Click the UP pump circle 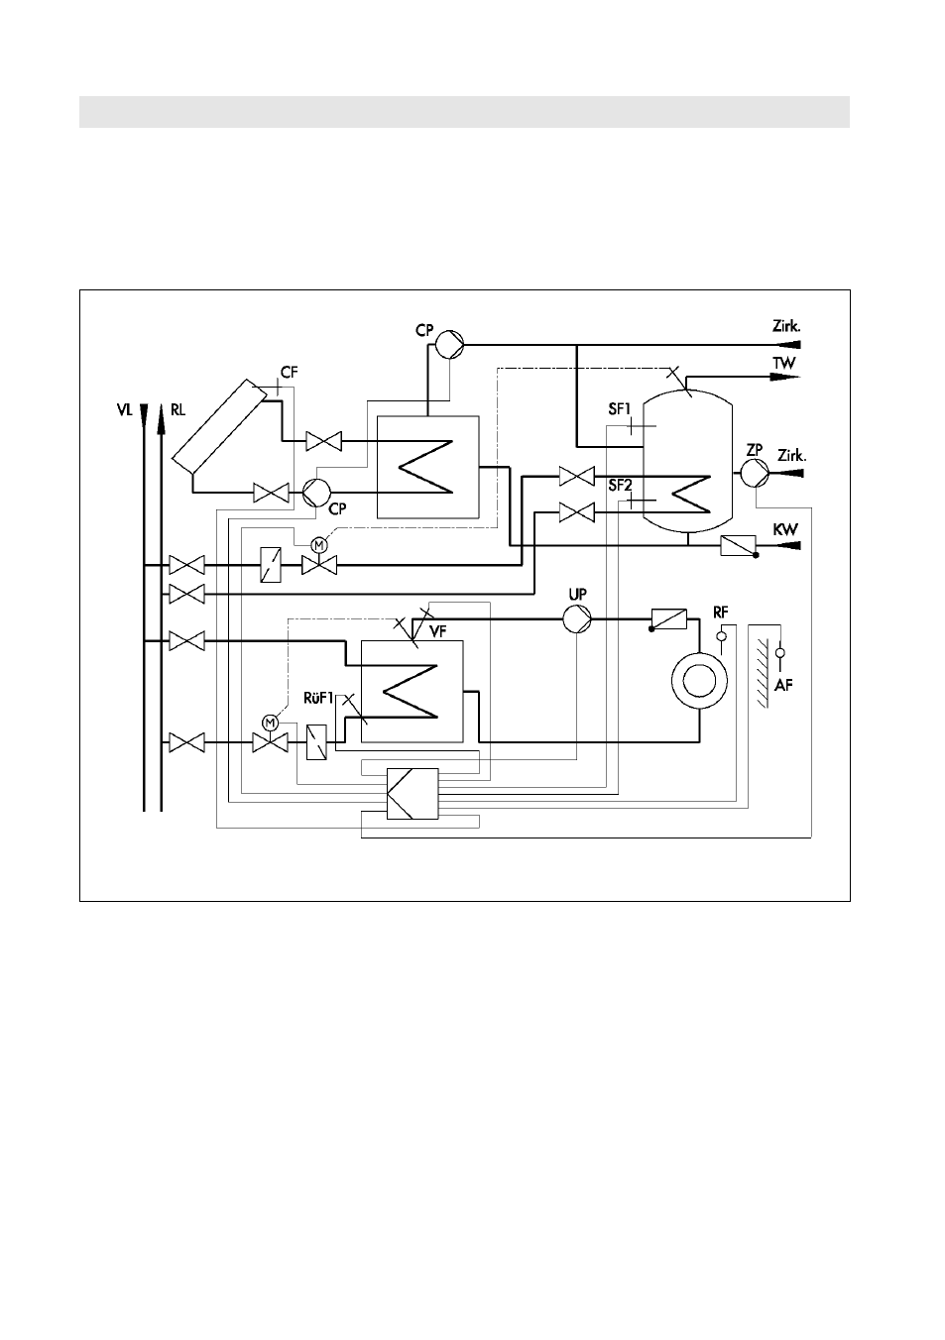tap(577, 618)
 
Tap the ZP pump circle tap(755, 473)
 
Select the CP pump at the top tap(449, 345)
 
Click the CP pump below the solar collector tap(316, 493)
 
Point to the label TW tap(784, 363)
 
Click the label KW tap(785, 530)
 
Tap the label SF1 tap(620, 409)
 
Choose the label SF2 tap(620, 485)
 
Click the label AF tap(783, 685)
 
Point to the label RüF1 tap(318, 698)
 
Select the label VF tap(438, 631)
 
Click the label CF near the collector tap(290, 373)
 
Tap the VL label tap(125, 410)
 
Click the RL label tap(177, 410)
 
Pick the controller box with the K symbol tap(413, 793)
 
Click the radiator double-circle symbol tap(699, 681)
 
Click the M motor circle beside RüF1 tap(270, 723)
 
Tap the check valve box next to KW tap(738, 545)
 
